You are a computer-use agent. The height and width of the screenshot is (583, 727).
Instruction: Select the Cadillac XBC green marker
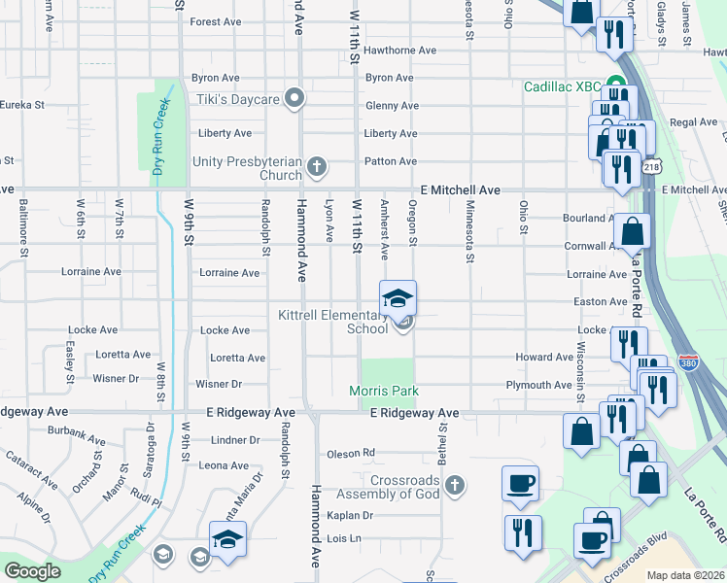coord(614,86)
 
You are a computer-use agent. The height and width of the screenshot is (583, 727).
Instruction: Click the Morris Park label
coord(384,391)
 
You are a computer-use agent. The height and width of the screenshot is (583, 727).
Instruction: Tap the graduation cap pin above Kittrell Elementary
coord(398,298)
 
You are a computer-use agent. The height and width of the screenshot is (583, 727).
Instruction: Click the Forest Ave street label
coord(216,21)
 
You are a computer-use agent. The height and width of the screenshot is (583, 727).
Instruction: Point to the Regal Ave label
coord(693,122)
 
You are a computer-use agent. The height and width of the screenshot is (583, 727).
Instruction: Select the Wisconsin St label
coord(579,370)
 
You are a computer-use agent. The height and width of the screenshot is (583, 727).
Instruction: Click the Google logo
coord(33,571)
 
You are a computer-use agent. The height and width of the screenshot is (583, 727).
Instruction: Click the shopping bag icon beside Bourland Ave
coord(632,232)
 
